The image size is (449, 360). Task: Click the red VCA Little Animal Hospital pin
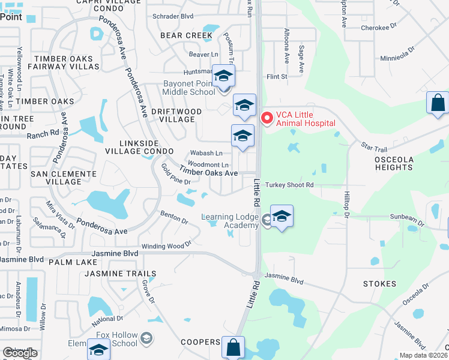266,118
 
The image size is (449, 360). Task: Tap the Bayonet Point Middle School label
189,88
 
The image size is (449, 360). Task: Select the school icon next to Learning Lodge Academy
282,217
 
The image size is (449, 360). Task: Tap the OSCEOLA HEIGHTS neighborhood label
393,163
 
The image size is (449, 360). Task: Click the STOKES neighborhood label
379,283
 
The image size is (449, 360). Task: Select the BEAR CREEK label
186,35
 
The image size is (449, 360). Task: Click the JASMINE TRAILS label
120,274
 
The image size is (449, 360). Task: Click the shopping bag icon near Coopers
233,347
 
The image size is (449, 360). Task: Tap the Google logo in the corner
20,353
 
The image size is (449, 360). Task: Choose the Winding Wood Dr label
166,245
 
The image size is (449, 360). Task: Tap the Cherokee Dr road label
379,28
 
